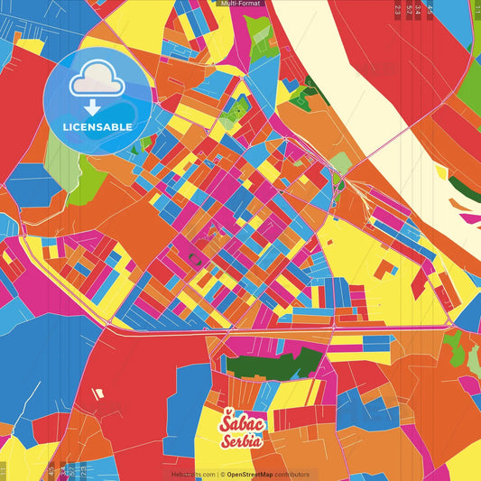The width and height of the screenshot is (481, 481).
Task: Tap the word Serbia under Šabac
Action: [x=243, y=440]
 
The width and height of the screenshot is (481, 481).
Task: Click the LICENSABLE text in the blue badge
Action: [x=97, y=126]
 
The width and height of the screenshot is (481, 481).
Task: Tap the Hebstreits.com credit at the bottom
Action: [x=192, y=475]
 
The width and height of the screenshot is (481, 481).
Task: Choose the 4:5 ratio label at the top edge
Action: [x=430, y=11]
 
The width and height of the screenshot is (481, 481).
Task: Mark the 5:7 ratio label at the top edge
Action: [x=409, y=11]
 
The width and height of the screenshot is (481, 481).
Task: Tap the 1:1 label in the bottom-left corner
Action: [x=5, y=470]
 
